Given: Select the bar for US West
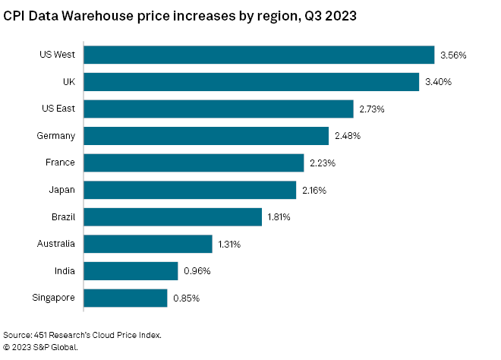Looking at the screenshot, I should [x=259, y=55].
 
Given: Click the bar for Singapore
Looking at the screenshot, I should [x=125, y=298].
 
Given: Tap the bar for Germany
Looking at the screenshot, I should [x=206, y=136].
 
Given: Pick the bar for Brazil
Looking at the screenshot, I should [x=172, y=217].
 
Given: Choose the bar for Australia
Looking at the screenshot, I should [x=147, y=244].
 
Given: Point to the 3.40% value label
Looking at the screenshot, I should [x=440, y=82].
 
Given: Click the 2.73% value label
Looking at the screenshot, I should [x=373, y=109].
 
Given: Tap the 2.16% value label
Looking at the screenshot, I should [x=314, y=190].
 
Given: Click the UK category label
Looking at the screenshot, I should [x=68, y=81].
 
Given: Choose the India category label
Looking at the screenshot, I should [x=65, y=270].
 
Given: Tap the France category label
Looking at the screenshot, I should [x=61, y=163].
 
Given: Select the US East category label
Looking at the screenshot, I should [x=58, y=109].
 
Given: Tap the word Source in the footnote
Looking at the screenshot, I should [x=17, y=334].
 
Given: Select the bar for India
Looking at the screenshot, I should [x=131, y=271].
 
